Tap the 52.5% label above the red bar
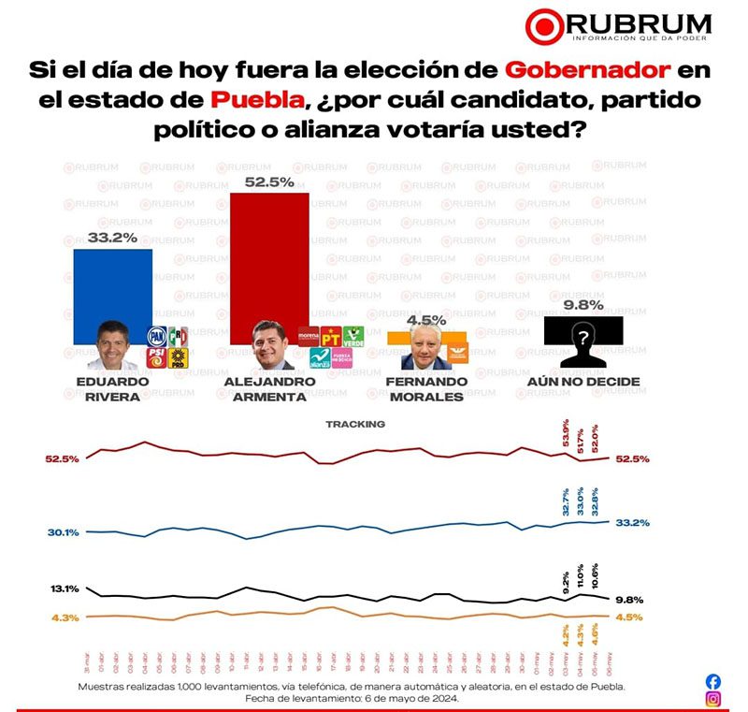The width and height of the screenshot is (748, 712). (x=269, y=182)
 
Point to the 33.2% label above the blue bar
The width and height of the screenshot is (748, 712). (x=112, y=238)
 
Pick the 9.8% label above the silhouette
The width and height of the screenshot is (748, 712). (x=583, y=304)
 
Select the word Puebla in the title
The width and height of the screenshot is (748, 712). (x=257, y=99)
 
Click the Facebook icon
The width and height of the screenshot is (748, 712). (x=713, y=681)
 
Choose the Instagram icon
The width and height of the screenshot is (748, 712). (x=713, y=699)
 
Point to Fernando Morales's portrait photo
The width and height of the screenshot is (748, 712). (x=420, y=349)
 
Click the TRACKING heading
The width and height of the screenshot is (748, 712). (x=355, y=424)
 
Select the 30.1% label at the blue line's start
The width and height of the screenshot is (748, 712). (x=64, y=532)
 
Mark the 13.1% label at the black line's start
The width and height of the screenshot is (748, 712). (x=65, y=589)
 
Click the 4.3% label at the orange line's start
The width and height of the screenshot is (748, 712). (x=65, y=618)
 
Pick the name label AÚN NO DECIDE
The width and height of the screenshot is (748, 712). (x=583, y=383)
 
